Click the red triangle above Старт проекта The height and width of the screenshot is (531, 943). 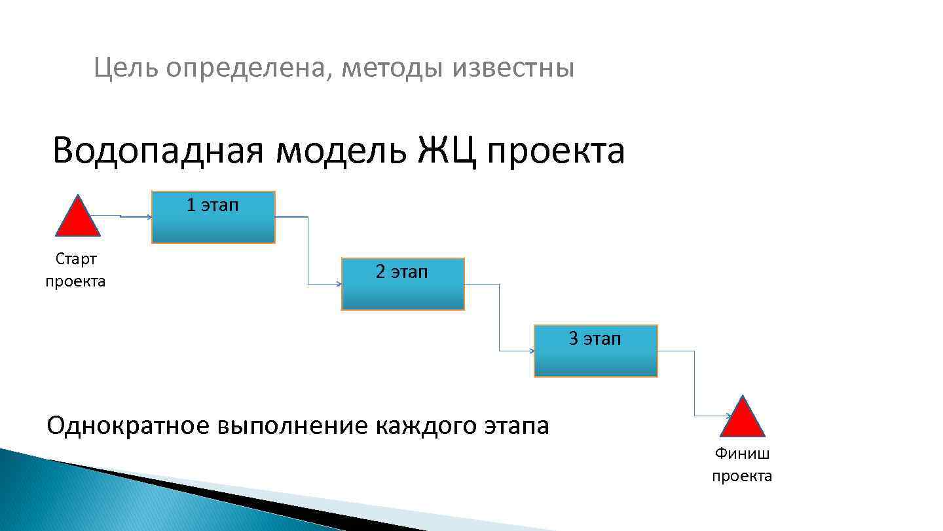pos(78,218)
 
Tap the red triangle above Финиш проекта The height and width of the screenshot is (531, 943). pos(742,419)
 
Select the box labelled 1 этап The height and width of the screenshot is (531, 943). pos(213,218)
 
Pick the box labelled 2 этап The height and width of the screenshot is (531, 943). pos(403,285)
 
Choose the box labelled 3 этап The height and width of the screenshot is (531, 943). pos(595,351)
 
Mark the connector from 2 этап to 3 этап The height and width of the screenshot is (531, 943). pos(500,318)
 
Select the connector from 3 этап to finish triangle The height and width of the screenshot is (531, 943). pos(694,383)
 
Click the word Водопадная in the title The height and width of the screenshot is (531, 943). pos(158,151)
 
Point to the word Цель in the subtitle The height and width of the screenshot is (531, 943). pos(125,68)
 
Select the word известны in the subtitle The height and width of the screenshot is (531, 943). pos(513,68)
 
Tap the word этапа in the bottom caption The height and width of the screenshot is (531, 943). pos(517,427)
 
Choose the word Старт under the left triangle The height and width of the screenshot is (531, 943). pos(76,259)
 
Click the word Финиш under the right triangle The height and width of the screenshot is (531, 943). pos(742,453)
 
